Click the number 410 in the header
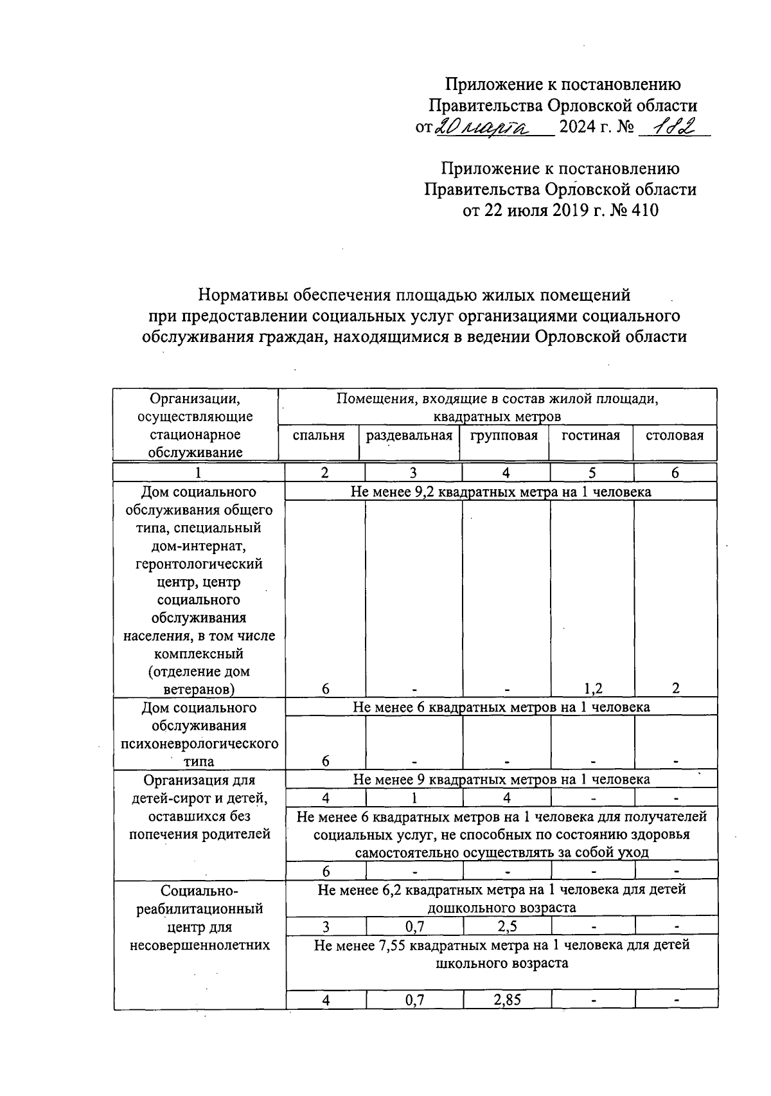645,210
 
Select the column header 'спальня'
319,436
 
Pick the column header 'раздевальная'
409,436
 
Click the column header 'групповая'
504,436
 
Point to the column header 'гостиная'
590,436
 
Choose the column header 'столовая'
675,436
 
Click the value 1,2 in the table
593,688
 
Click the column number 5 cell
592,473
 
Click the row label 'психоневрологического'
200,744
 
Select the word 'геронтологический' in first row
199,564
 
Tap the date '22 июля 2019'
549,210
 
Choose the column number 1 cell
199,473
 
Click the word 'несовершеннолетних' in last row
200,945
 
